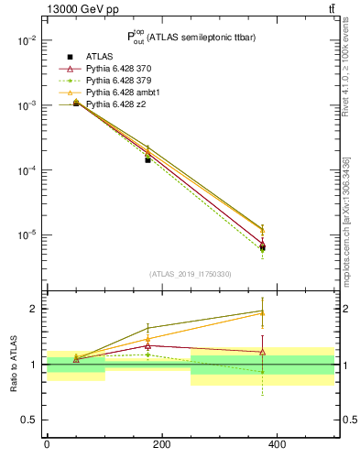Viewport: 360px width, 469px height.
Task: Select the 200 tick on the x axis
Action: [x=162, y=444]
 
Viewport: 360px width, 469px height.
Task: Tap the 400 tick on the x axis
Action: [x=278, y=444]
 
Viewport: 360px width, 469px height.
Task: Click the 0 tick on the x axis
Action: [x=47, y=444]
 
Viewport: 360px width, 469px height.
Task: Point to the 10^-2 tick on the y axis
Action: [x=26, y=41]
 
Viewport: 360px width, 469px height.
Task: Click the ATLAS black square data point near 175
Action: [x=147, y=159]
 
